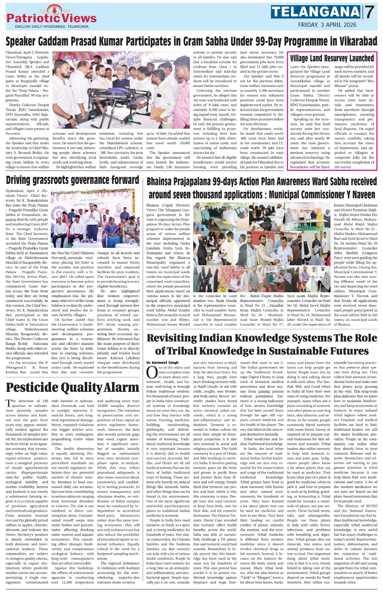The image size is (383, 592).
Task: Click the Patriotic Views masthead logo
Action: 51,17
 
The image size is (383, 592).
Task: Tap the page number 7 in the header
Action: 369,13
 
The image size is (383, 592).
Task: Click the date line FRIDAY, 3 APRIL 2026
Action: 327,25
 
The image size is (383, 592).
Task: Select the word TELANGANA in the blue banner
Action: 315,12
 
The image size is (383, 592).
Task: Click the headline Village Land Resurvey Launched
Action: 332,58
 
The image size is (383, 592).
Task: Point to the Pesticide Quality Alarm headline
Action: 72,387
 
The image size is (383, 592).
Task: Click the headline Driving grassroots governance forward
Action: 72,180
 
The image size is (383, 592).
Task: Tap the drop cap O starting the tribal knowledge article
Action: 152,371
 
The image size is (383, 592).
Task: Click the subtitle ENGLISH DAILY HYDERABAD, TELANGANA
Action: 52,27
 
